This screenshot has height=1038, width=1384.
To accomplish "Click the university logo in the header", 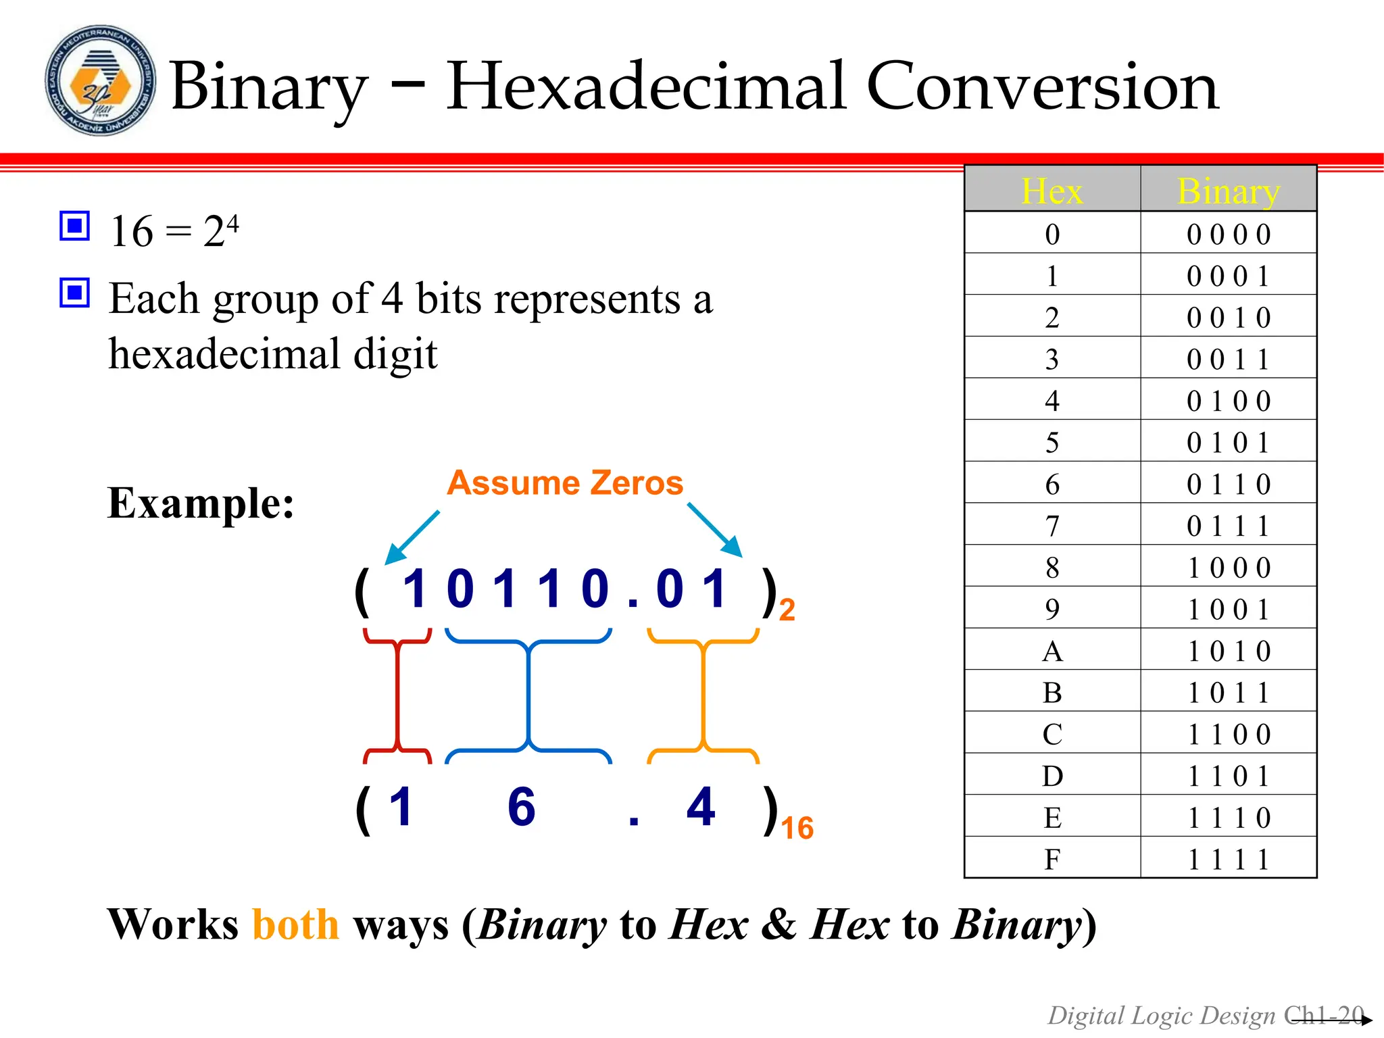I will pos(100,81).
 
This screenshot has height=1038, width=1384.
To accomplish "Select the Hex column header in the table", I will pos(1052,191).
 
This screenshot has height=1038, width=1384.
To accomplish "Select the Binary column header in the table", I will pos(1228,191).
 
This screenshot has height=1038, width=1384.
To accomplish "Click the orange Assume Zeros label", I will pos(565,483).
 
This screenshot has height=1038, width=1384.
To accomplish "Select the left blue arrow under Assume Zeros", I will pos(412,538).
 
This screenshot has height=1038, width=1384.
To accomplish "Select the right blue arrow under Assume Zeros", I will pos(716,530).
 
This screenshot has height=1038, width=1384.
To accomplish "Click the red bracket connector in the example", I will pos(398,696).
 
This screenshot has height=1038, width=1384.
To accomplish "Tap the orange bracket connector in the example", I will pos(703,696).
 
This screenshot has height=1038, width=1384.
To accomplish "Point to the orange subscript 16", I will pos(797,829).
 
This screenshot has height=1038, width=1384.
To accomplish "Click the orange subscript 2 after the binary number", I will pos(787,610).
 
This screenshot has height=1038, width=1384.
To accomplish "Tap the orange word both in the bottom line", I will pos(295,924).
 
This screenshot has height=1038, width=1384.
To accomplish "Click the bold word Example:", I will pos(201,503).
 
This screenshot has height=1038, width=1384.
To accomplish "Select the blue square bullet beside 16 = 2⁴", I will pos(74,226).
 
